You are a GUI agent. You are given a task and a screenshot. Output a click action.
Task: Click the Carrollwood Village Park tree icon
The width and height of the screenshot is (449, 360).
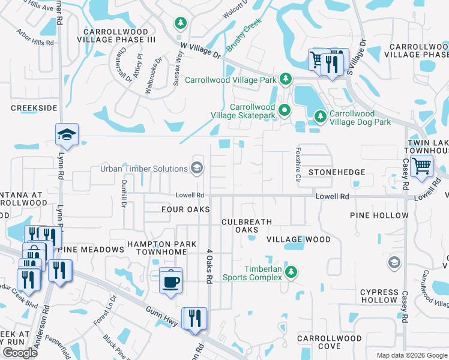286,79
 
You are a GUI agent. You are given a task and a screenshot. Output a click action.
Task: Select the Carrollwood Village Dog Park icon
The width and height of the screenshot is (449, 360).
321,115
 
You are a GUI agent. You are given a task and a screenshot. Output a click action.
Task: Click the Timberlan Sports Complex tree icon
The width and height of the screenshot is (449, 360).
291,272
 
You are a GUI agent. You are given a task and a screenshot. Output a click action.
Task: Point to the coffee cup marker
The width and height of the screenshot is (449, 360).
170,280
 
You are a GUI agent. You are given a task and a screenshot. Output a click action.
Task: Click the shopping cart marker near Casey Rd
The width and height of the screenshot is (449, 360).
422,164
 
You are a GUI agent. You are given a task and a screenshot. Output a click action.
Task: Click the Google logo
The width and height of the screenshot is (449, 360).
20,352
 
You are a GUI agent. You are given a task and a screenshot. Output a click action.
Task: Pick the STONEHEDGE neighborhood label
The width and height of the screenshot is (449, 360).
336,172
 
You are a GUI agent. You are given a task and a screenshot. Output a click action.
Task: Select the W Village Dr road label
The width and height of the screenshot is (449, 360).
200,50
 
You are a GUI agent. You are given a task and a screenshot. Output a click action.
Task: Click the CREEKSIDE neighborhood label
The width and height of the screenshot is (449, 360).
34,107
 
